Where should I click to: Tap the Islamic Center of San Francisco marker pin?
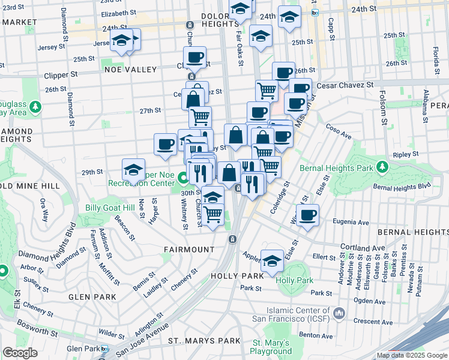(339, 313)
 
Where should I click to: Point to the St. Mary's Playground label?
(271, 347)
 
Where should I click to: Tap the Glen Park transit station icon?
(105, 349)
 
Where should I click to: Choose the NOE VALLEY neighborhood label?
(130, 69)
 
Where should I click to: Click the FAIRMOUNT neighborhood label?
(189, 249)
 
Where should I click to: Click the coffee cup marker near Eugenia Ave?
(308, 215)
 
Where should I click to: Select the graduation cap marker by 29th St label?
(134, 169)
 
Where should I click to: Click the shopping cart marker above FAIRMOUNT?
(213, 214)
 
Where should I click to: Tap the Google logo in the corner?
(20, 352)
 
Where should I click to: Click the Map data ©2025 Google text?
(411, 355)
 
